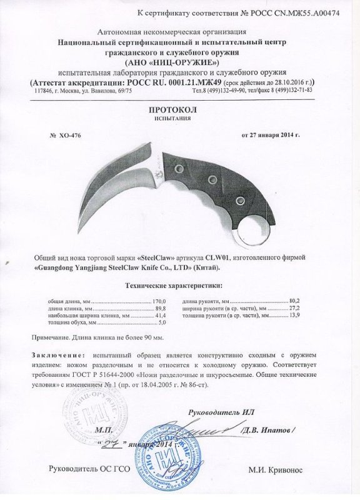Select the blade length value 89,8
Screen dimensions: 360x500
(x=162, y=309)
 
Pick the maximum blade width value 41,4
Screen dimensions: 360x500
(x=162, y=316)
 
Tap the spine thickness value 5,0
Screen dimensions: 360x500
(x=164, y=324)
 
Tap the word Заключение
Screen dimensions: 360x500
(x=55, y=355)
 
